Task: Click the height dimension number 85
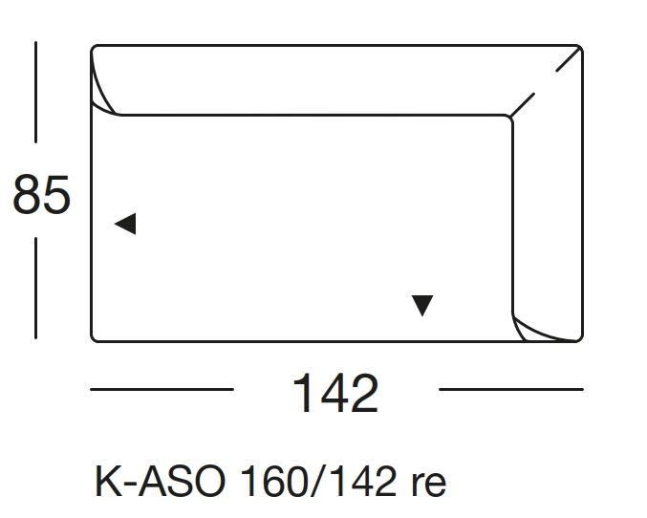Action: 41,196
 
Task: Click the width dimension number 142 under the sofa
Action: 334,393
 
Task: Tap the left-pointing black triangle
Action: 125,224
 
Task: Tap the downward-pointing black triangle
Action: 422,305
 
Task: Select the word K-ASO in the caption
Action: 159,482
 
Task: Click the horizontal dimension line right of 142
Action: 510,390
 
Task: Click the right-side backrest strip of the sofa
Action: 548,220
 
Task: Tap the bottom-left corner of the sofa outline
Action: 94,338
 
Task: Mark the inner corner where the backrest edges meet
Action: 511,118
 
